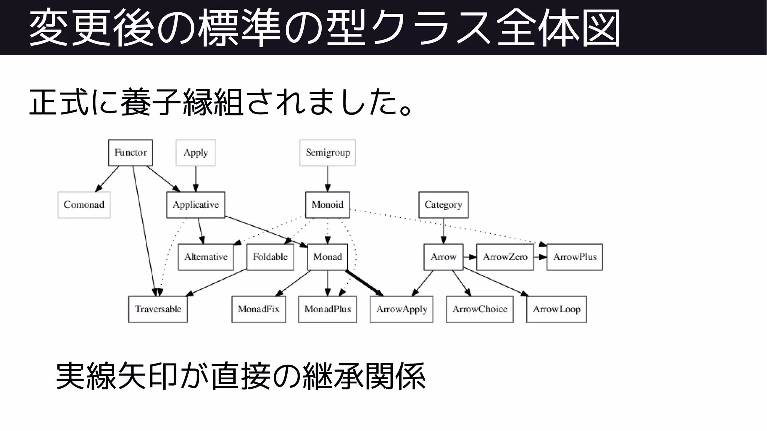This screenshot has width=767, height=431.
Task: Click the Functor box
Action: click(130, 153)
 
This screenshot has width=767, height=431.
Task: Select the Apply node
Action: click(195, 153)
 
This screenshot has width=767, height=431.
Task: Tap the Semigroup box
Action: click(327, 153)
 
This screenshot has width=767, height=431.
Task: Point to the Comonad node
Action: click(84, 205)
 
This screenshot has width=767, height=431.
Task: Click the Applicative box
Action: click(195, 205)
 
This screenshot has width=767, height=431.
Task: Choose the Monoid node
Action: click(327, 205)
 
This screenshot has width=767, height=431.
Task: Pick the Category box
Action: click(443, 205)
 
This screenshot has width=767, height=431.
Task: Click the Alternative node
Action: click(206, 257)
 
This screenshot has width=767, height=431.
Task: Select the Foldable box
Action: click(270, 257)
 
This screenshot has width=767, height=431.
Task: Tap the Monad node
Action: click(327, 257)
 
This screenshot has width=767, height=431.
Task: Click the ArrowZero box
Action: click(505, 257)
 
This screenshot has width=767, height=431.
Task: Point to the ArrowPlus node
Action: click(575, 257)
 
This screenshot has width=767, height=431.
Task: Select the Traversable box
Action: click(158, 309)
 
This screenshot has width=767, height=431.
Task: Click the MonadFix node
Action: click(258, 309)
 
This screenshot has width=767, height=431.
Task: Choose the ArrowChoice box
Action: click(479, 309)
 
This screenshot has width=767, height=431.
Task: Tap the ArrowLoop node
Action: click(556, 309)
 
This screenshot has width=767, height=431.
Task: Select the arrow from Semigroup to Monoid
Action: click(327, 178)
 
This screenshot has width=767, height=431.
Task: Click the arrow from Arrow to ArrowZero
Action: click(470, 257)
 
